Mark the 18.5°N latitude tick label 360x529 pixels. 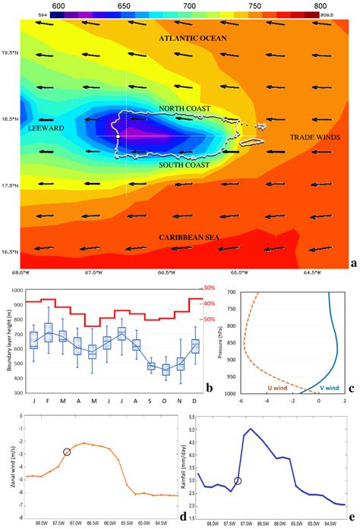click(9, 120)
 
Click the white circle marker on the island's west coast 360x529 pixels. click(118, 137)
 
